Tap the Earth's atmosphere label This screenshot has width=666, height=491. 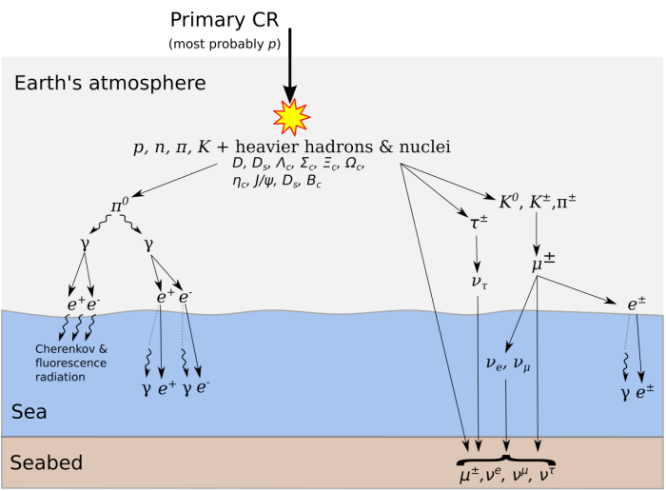pos(109,84)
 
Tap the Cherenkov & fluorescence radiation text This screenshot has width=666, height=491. pos(72,363)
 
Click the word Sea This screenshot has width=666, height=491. pos(29,411)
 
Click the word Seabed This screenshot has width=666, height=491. pos(46,463)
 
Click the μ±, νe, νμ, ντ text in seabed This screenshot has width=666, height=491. pos(504,471)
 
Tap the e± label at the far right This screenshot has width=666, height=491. pos(637,304)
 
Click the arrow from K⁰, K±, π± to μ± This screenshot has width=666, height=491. pos(538,231)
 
